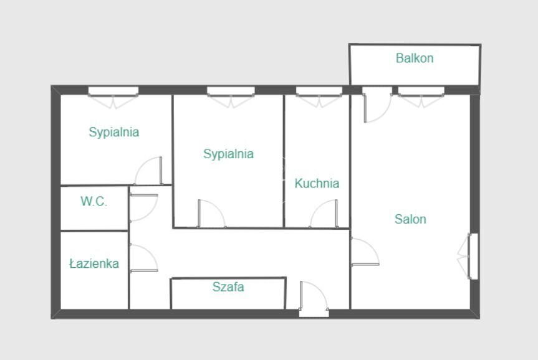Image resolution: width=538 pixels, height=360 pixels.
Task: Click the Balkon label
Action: coord(415,58)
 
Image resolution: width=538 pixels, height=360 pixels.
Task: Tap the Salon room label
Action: coord(410,219)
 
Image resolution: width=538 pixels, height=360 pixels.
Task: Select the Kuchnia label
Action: coord(317,184)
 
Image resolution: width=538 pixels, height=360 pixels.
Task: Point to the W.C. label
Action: coord(94,201)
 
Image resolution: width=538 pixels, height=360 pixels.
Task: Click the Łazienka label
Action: coord(94,263)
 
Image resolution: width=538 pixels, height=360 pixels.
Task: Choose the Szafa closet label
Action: coord(228,287)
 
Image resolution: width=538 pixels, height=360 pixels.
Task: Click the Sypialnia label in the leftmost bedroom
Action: coord(114,132)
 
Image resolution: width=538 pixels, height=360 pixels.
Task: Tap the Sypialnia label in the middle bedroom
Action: coord(229,154)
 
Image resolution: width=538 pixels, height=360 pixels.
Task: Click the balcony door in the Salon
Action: coord(377,105)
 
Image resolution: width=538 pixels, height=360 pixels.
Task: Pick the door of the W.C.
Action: coord(144,208)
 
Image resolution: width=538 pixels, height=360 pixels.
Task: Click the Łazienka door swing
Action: coord(144,258)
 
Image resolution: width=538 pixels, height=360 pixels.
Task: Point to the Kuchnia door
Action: coord(324,213)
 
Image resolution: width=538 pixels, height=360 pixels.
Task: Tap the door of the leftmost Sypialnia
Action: coord(148,171)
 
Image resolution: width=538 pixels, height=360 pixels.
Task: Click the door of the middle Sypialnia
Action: coord(211,213)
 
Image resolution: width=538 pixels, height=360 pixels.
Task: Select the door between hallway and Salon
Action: coord(365,252)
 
